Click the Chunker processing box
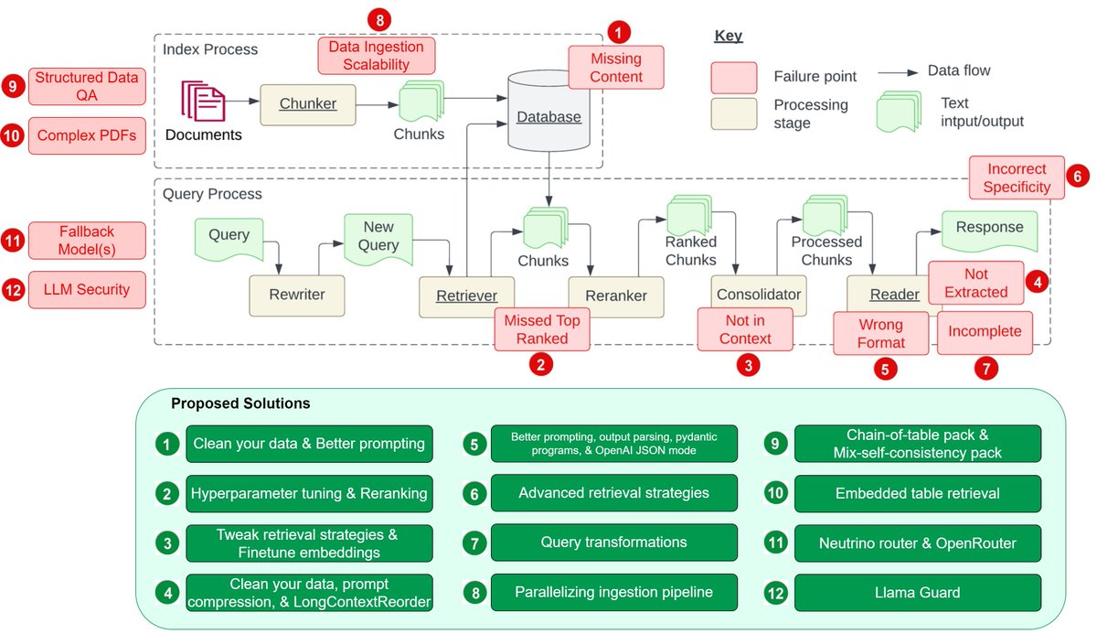[x=307, y=104]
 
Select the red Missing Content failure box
[x=615, y=68]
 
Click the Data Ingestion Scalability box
[x=376, y=55]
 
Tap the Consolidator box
[x=758, y=295]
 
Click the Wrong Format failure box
[x=880, y=333]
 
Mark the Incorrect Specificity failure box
[x=1017, y=177]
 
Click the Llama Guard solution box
[x=916, y=593]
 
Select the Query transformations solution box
[x=613, y=543]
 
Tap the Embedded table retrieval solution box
[x=916, y=493]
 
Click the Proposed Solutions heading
[x=240, y=403]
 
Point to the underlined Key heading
[x=728, y=37]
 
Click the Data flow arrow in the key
[x=899, y=70]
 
